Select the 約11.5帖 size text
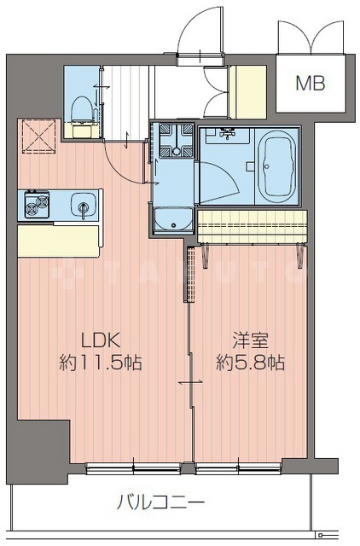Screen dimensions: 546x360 101,362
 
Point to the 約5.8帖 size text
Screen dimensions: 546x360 251,362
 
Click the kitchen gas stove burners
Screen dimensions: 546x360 36,205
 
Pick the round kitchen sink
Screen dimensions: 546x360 82,205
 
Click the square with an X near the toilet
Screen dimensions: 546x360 38,134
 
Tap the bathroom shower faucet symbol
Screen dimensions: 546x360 227,133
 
